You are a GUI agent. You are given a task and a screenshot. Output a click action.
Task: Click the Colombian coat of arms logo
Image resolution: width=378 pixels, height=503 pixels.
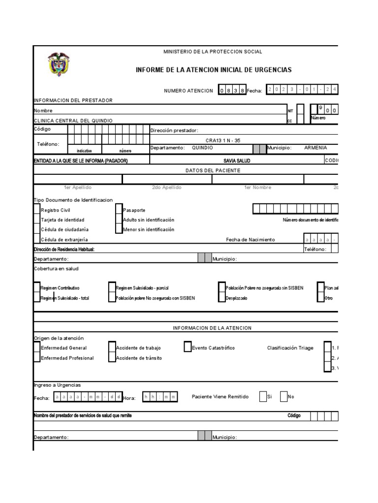[59, 65]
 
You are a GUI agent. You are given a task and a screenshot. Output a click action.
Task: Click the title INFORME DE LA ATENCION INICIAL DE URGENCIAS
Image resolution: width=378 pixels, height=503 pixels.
[213, 70]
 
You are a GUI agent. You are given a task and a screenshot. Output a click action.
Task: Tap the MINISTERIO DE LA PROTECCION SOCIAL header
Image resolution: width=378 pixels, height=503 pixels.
[213, 52]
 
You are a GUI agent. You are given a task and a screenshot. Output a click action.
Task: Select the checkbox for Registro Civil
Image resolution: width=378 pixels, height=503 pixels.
[37, 210]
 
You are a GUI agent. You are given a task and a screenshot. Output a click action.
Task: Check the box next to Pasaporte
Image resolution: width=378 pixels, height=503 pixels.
[119, 210]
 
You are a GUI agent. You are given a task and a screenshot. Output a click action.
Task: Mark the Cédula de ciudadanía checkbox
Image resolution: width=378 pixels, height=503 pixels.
[37, 229]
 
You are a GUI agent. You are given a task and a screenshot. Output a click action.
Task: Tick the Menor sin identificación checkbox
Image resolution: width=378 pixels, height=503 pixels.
[119, 229]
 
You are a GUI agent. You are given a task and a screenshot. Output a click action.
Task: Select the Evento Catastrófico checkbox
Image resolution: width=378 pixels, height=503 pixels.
[188, 347]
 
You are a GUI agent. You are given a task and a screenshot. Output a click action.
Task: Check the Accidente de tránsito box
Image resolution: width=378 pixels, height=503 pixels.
[112, 358]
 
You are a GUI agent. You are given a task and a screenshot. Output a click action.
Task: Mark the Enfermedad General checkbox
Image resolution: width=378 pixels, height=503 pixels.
[37, 347]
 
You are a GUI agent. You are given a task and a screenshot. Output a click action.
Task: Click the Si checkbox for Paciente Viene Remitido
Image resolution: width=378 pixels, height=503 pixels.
[263, 396]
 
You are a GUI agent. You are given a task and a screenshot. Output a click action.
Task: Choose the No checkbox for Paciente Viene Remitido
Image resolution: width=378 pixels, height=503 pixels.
[283, 396]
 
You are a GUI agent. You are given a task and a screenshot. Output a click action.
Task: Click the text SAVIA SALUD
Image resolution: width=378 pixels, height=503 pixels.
[237, 161]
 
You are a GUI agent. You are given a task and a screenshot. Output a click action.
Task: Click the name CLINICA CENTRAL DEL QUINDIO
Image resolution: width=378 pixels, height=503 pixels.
[73, 120]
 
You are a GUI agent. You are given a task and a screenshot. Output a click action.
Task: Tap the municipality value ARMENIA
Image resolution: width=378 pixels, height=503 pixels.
[315, 148]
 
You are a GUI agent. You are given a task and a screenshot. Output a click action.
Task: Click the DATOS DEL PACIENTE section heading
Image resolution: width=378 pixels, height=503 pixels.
[213, 170]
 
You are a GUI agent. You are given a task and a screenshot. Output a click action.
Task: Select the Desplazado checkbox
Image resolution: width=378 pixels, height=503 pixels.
[221, 298]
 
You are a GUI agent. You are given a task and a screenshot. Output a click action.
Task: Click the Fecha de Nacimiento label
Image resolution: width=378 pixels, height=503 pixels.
[251, 239]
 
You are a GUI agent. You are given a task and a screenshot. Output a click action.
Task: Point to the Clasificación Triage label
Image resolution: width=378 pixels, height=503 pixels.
[290, 348]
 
